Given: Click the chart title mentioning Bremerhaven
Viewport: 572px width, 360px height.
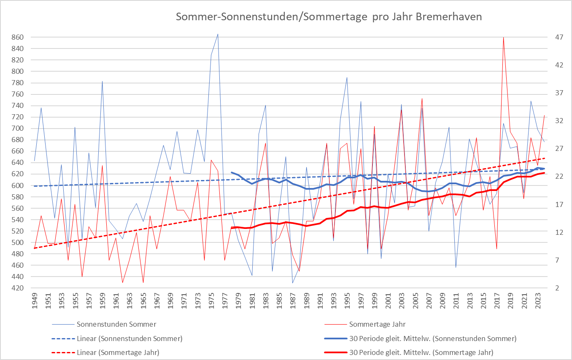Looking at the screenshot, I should pos(329,17).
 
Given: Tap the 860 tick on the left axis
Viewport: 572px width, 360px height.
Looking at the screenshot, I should pos(17,37).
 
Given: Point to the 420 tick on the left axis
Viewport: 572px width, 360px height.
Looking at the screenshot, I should pos(17,288).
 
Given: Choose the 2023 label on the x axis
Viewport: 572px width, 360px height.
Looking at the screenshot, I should pos(538,301).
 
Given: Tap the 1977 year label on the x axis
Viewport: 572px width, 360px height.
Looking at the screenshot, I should pos(225,301).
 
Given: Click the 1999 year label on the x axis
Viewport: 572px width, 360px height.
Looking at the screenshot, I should pos(375,301).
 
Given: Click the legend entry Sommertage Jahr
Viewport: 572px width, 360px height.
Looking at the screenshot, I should pos(378,325).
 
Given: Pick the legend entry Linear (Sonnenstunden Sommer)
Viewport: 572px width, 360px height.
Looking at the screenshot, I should pos(130,339).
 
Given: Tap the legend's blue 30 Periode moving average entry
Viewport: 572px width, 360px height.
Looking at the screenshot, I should pos(433,339).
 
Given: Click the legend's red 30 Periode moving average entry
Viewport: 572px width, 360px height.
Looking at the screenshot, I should pos(421,352).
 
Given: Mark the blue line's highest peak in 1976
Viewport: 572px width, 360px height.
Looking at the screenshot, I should pos(218,34).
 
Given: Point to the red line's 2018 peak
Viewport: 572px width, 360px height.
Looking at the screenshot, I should pos(504,38).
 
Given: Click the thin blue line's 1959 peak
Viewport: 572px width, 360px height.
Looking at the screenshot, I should pos(102,81).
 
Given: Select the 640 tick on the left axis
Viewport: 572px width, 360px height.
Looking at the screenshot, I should pos(17,163).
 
